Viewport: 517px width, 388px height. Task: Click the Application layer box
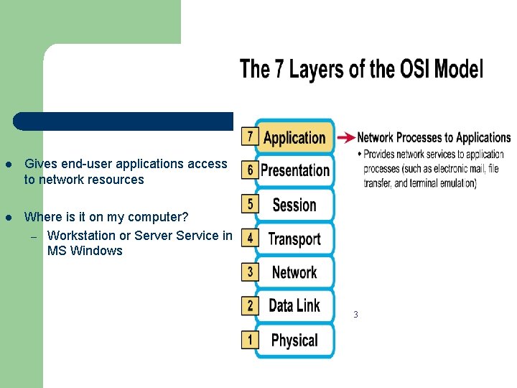(294, 137)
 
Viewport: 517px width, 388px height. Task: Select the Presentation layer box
(294, 171)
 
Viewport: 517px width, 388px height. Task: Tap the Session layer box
(294, 205)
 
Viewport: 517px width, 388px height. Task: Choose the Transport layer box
(294, 239)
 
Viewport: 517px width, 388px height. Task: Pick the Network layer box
(294, 272)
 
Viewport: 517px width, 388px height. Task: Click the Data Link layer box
(294, 306)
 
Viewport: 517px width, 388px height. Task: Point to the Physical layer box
(294, 340)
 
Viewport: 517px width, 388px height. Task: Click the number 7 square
(250, 136)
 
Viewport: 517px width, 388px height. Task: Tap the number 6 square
(250, 170)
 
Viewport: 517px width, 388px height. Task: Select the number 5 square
(250, 204)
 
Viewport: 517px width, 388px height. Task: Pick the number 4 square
(250, 238)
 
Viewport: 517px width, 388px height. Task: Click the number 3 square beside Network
(250, 272)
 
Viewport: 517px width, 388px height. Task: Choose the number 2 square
(250, 305)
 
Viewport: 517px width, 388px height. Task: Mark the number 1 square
(250, 339)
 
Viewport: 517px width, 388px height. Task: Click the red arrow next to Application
(345, 137)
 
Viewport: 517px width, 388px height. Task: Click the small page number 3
(355, 315)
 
